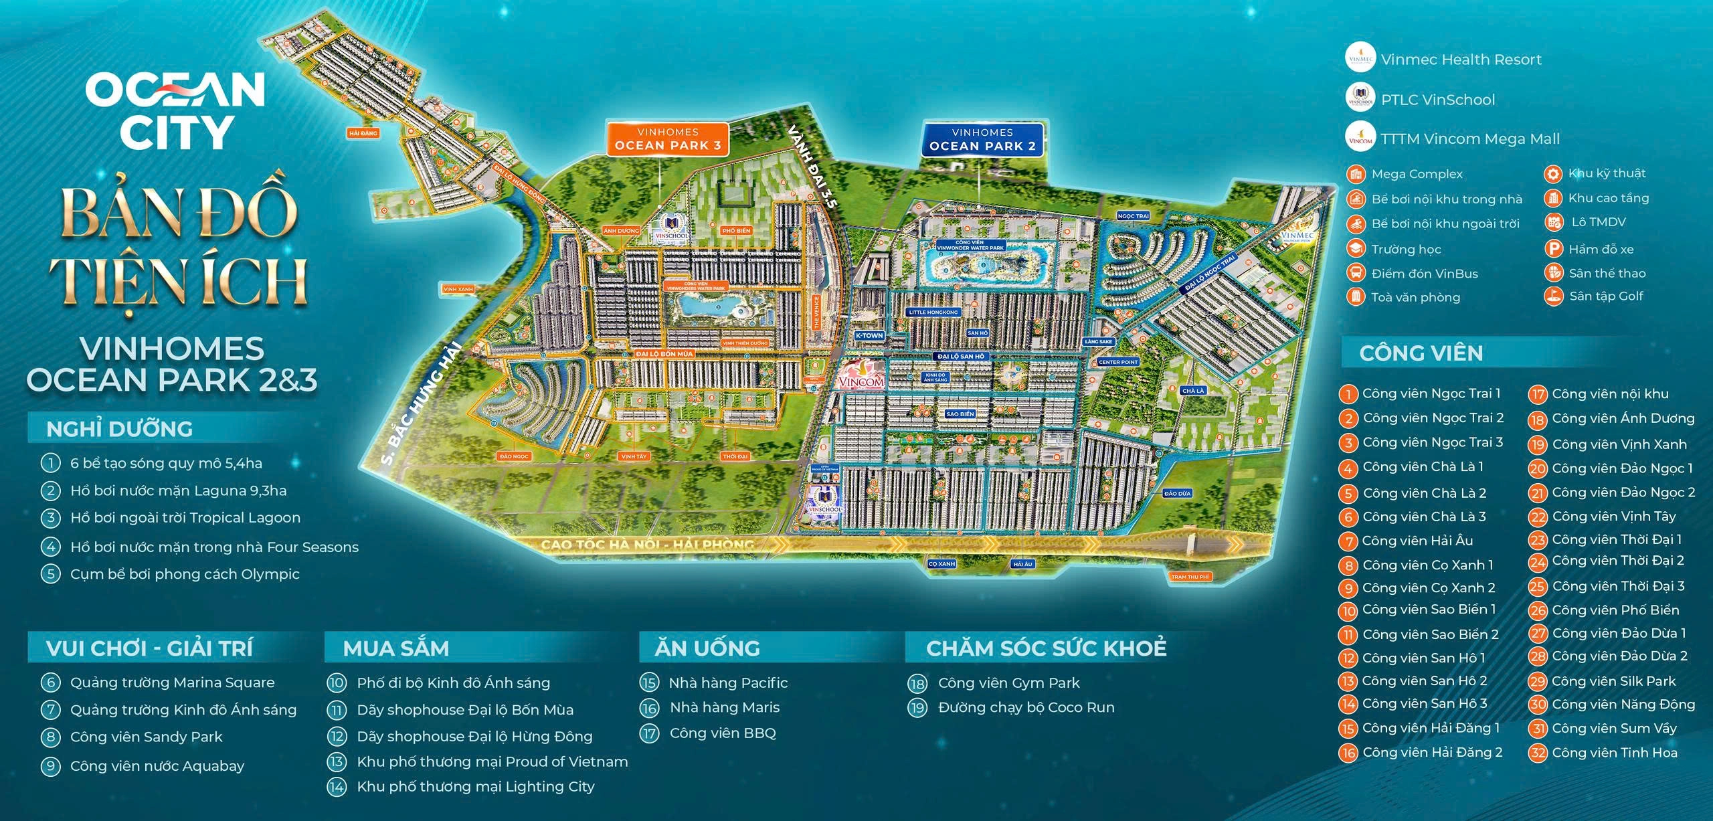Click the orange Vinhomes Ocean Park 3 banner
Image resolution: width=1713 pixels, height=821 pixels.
667,139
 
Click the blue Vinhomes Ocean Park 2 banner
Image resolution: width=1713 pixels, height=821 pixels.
982,139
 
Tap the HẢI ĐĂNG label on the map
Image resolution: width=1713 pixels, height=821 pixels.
363,133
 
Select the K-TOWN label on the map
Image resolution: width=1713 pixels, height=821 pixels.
869,335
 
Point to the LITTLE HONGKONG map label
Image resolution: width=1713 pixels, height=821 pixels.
933,312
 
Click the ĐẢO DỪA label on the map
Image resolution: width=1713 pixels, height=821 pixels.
1177,493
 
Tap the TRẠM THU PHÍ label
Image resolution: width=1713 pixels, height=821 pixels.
1190,576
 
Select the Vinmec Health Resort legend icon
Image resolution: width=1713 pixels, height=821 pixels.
1360,58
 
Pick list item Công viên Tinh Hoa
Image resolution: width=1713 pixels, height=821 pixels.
1614,752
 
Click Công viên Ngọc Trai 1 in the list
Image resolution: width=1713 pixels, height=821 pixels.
1431,393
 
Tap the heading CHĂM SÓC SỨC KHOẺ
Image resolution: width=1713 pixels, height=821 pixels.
1046,648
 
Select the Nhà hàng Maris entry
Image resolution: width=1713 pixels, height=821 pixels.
724,707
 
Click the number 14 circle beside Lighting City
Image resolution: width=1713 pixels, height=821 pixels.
336,787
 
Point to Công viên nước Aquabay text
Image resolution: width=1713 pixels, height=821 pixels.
157,765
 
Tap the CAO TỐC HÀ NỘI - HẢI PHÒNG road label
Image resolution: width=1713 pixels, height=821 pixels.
646,544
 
